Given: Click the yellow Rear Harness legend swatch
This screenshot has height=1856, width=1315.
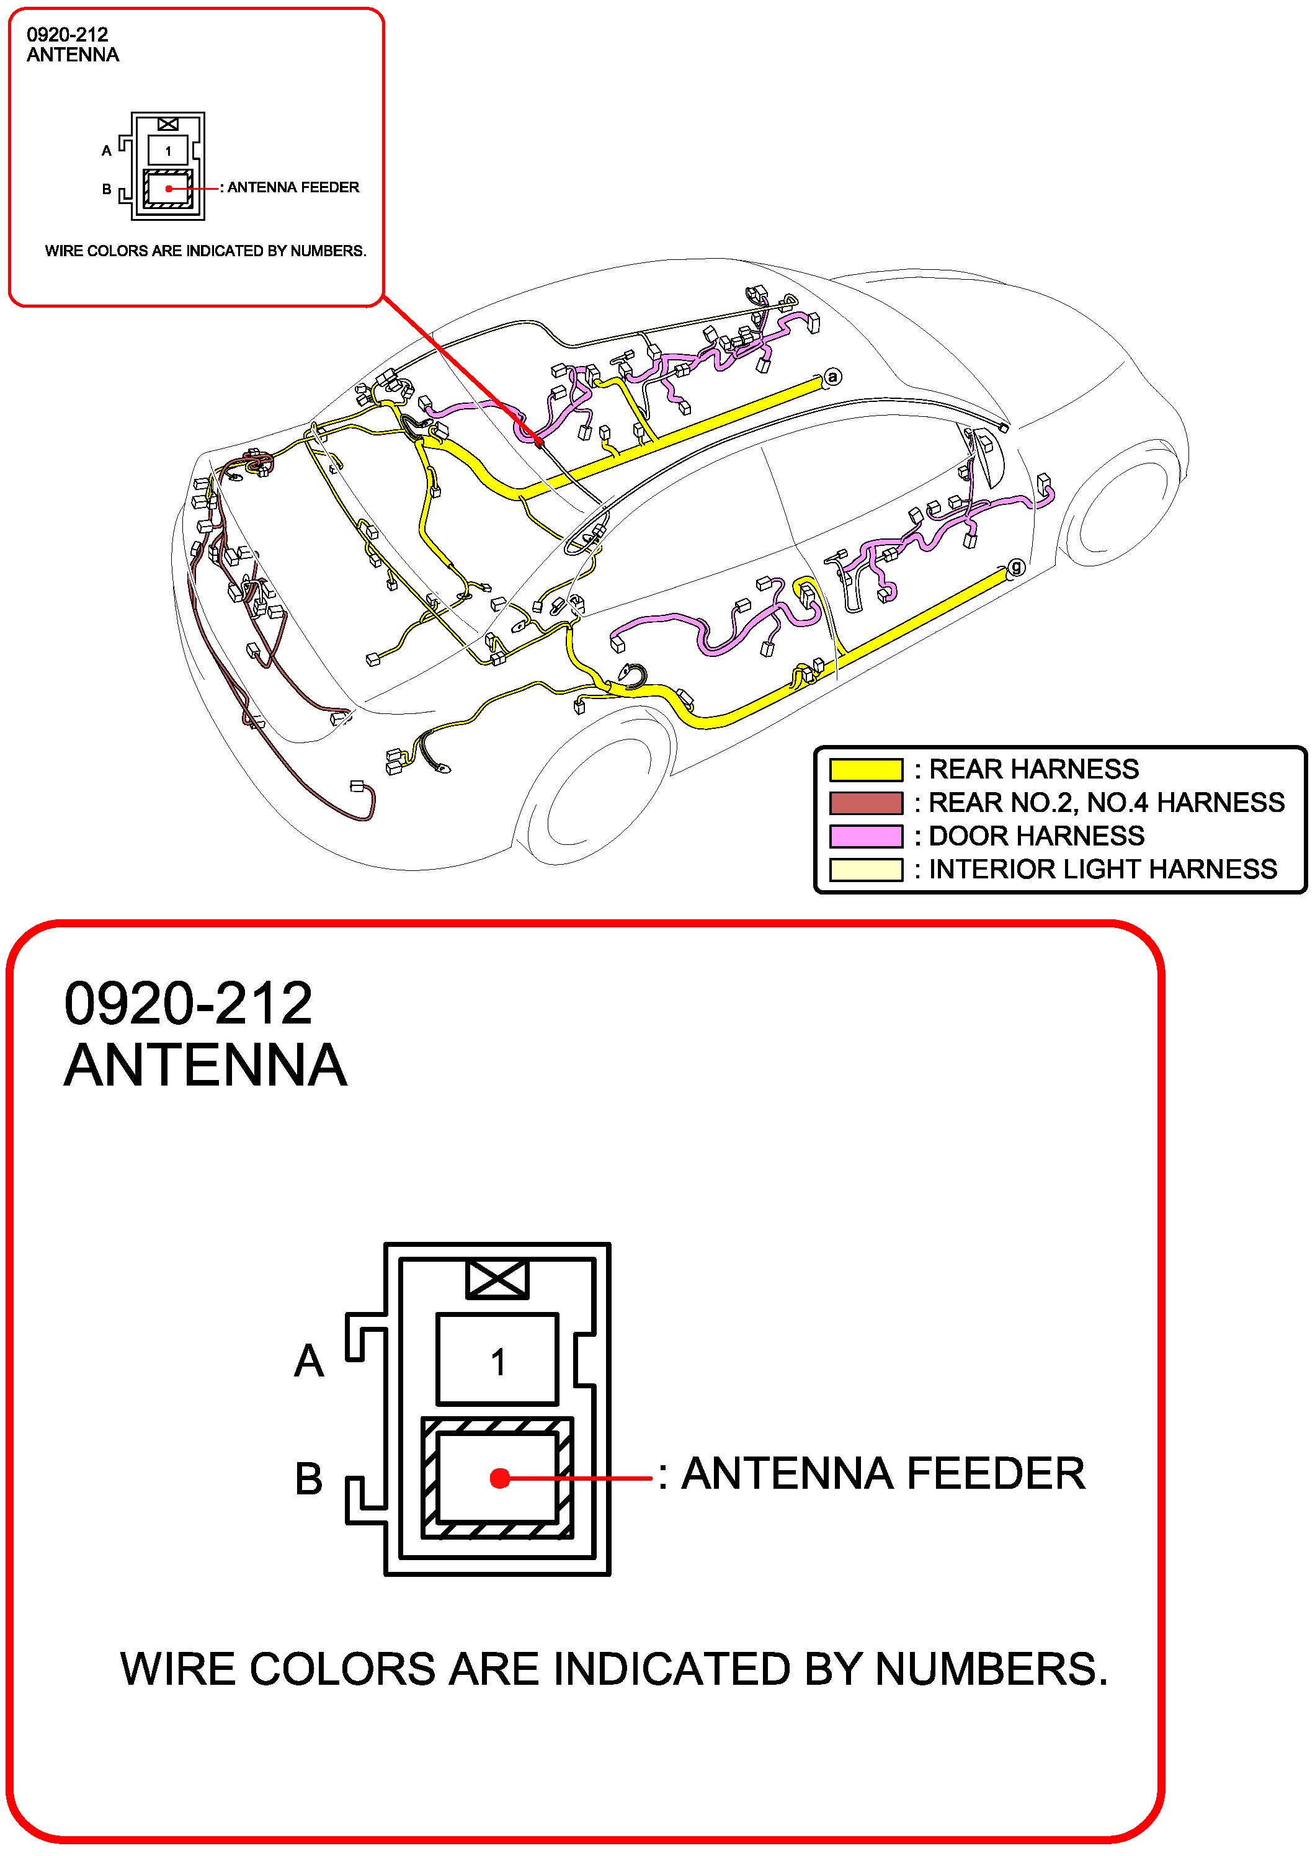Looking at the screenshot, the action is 865,769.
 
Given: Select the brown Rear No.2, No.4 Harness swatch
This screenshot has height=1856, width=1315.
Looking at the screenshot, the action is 865,803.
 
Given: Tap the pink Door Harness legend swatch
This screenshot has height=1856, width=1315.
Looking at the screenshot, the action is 865,836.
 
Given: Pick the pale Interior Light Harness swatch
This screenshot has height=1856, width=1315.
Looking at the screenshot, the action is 865,869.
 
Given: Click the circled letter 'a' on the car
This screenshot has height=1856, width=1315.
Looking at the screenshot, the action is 832,377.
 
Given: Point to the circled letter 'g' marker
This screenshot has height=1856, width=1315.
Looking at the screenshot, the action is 1015,567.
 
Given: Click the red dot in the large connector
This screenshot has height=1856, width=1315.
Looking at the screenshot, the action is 499,1478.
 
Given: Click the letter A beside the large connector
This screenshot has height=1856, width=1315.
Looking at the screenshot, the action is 308,1361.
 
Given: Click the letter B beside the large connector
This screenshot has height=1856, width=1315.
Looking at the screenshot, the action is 308,1479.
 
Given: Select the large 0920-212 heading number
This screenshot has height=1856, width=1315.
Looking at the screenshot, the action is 188,1003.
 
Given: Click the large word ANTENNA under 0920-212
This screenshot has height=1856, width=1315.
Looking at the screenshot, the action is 206,1066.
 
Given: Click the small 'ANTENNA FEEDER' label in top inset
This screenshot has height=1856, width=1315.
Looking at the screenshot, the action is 293,187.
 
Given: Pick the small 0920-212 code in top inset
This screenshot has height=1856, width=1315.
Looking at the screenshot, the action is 67,34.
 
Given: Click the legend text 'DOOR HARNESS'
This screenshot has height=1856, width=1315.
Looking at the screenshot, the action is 1036,836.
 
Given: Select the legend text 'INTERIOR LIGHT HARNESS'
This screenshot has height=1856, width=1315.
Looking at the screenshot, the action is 1102,869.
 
